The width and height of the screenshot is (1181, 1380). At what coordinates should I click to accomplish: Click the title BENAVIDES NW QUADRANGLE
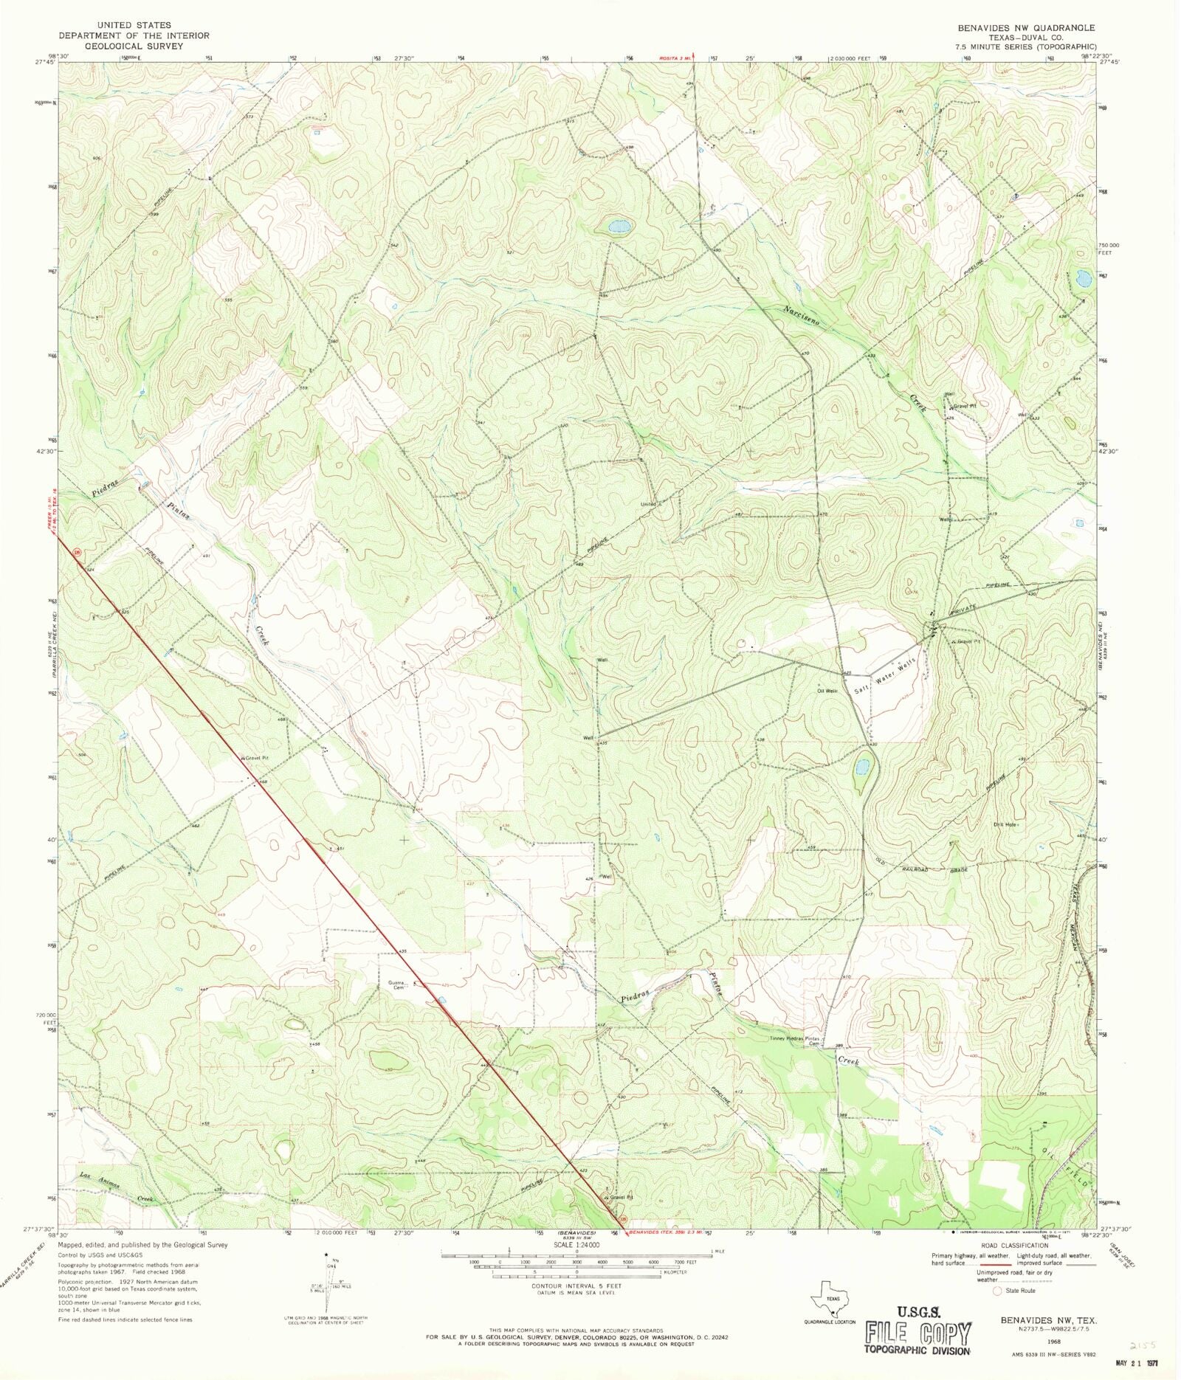click(x=1026, y=27)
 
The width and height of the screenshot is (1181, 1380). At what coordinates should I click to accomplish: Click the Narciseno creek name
click(x=802, y=314)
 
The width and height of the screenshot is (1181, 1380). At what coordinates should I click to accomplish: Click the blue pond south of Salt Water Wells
click(x=861, y=767)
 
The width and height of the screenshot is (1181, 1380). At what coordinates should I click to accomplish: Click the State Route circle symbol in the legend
click(x=997, y=1291)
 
